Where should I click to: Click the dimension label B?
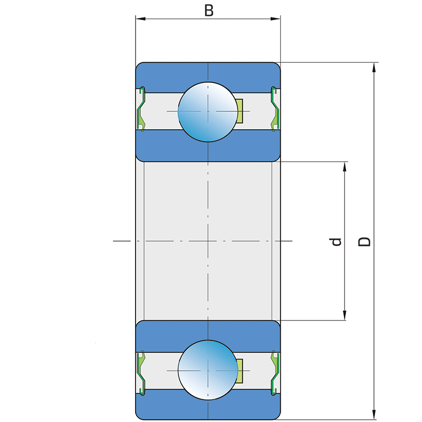click(209, 11)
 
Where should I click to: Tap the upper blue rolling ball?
click(207, 112)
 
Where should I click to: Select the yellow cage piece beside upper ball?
click(239, 111)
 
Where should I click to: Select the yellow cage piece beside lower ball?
click(239, 370)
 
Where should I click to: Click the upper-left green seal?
click(141, 110)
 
